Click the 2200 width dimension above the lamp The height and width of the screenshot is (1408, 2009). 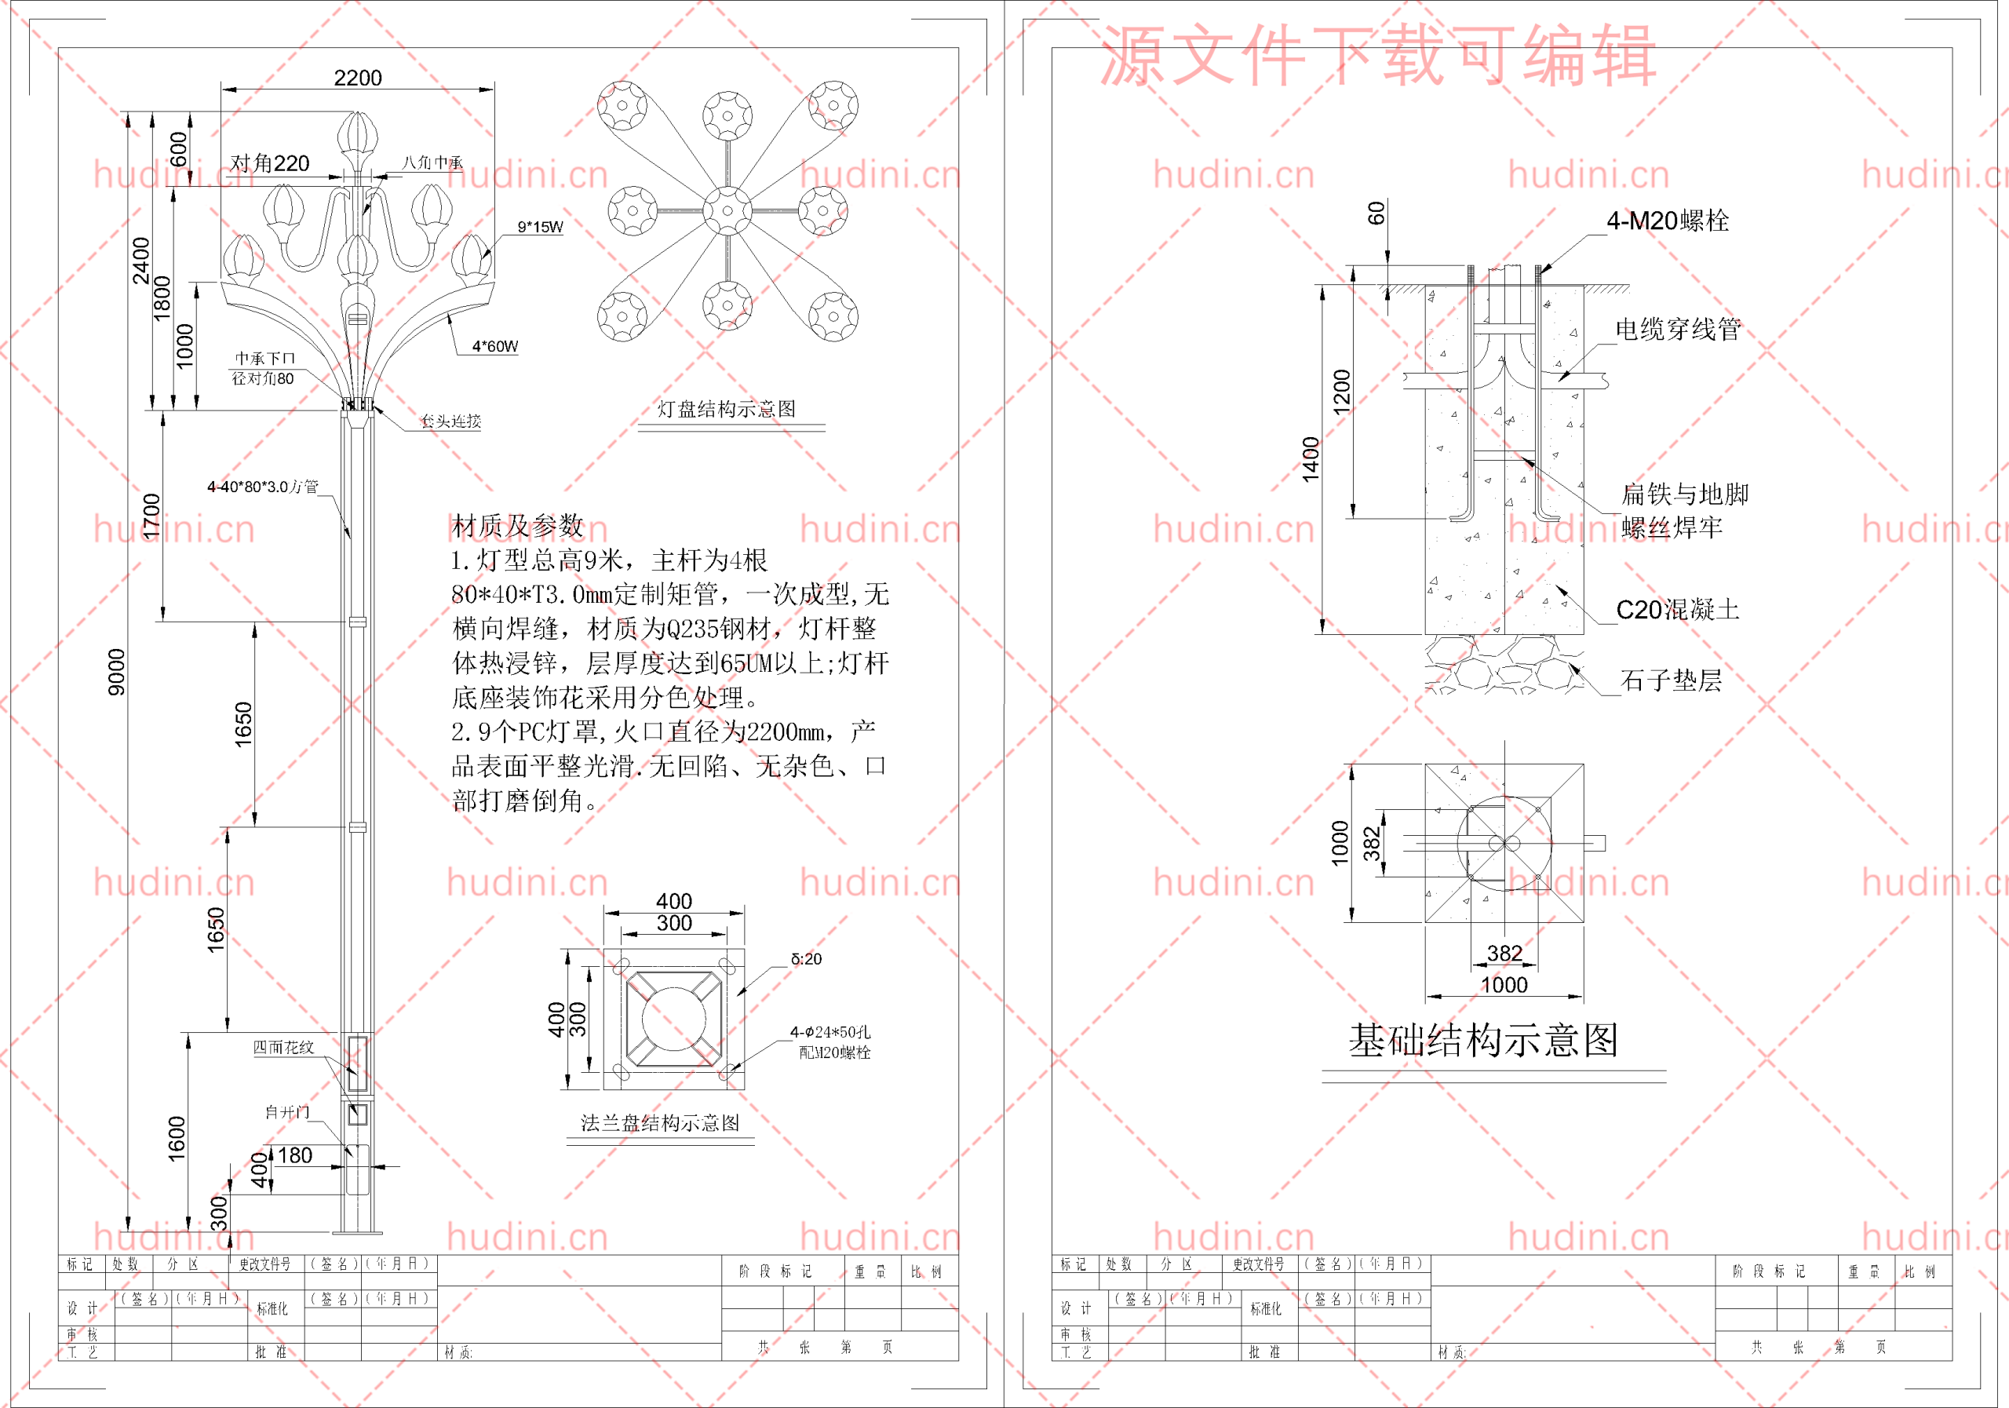point(358,78)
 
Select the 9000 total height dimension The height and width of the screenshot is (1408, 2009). point(116,672)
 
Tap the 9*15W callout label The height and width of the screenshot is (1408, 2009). point(540,228)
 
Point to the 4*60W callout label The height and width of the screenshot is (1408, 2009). point(495,347)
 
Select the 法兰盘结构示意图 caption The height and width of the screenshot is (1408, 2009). point(660,1123)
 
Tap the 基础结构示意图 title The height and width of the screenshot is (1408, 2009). point(1483,1041)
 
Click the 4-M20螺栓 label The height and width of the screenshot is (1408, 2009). point(1667,221)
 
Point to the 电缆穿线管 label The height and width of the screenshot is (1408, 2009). point(1677,330)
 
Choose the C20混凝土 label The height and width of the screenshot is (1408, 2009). point(1676,610)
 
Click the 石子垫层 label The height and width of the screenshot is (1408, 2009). point(1671,680)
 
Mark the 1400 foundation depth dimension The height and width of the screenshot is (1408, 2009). point(1310,458)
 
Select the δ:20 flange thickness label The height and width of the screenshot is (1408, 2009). point(806,959)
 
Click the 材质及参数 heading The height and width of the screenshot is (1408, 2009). point(517,526)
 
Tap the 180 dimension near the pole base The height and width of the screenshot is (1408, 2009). point(295,1155)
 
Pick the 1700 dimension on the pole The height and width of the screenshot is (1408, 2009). point(152,516)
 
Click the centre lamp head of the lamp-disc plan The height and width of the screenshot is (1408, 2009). point(727,210)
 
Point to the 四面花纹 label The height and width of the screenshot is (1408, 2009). point(283,1048)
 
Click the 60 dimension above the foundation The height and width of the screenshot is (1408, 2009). point(1376,213)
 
